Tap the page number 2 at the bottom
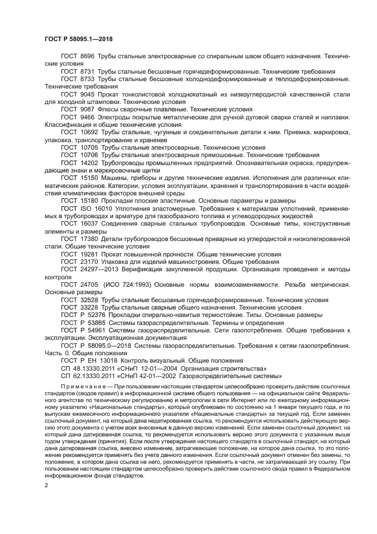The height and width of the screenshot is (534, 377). tap(46, 485)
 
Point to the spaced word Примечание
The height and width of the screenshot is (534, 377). tap(84, 387)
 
